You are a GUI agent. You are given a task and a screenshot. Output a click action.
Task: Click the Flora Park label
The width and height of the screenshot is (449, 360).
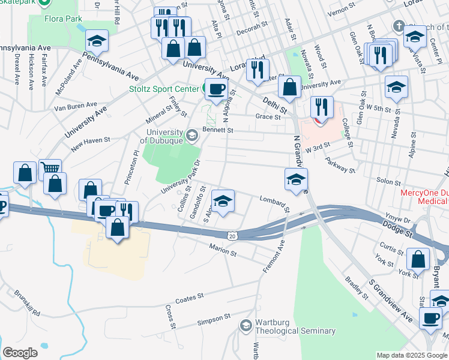click(x=63, y=19)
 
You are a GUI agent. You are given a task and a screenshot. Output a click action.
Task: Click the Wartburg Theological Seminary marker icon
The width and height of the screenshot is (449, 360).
click(x=246, y=326)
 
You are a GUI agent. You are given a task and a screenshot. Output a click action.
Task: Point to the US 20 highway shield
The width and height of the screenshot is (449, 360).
click(x=232, y=236)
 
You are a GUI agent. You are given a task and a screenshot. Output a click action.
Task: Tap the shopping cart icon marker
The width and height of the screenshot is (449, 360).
click(x=50, y=169)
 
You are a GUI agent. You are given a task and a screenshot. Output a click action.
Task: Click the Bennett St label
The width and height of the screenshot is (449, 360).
click(x=217, y=129)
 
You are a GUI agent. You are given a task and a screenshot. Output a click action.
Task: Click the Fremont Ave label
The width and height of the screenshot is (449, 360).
click(x=273, y=257)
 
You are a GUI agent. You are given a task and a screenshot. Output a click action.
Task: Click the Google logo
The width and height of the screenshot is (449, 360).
click(x=20, y=353)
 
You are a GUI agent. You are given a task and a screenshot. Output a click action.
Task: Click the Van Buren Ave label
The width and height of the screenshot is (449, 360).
click(x=76, y=106)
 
